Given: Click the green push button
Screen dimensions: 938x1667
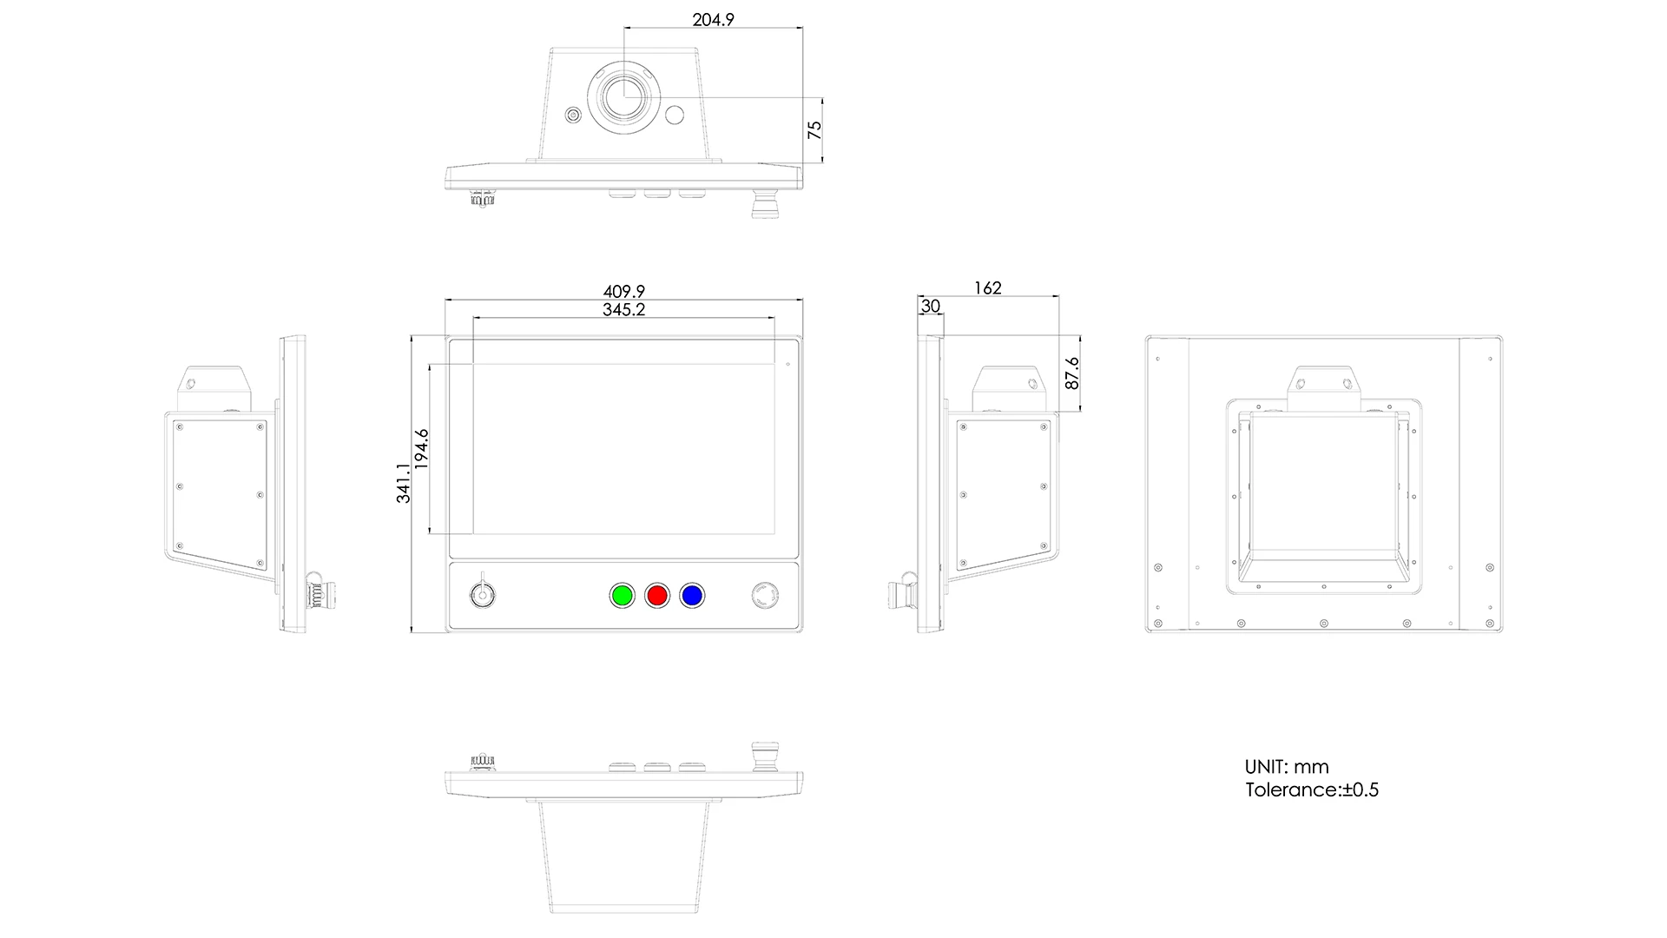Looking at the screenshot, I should [622, 596].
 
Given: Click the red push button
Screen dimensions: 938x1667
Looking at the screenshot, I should [657, 596].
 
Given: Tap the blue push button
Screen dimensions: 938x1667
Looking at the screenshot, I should [692, 596].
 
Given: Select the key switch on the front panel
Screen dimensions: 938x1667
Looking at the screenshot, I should [480, 595].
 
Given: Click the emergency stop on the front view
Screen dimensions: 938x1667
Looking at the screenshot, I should [764, 596].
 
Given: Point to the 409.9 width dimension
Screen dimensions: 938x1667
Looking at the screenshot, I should [623, 292].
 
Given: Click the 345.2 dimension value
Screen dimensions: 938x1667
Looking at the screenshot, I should [623, 309].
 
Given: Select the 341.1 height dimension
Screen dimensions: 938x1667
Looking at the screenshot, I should [404, 482].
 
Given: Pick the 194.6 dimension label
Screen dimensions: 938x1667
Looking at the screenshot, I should [422, 449].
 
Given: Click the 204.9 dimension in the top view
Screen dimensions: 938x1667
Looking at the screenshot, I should [713, 19].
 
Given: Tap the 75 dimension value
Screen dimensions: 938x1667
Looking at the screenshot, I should [814, 129].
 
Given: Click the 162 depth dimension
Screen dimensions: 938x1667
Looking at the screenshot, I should [987, 287].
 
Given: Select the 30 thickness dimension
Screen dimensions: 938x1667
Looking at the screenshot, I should [930, 307].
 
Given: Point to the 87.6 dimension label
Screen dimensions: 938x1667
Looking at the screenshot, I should [1072, 373].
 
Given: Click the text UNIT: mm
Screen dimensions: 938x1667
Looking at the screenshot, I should [1287, 767].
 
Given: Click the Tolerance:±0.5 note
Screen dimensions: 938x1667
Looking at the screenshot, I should [1311, 789].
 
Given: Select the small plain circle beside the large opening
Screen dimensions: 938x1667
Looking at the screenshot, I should [675, 115].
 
